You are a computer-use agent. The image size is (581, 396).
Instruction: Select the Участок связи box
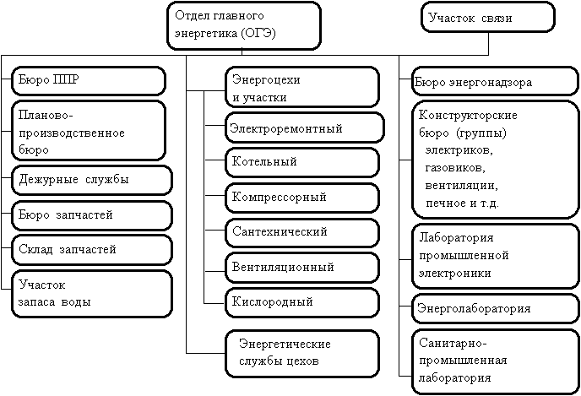click(x=488, y=18)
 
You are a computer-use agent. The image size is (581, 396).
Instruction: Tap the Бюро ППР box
click(x=88, y=81)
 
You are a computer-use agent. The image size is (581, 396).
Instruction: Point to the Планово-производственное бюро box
click(x=88, y=131)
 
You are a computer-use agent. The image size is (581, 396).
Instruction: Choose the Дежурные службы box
click(x=91, y=179)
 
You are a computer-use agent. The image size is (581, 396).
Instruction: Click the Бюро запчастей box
click(x=91, y=214)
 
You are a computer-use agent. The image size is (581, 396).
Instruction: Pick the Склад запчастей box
click(x=91, y=249)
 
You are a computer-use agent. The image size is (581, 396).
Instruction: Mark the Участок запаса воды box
click(x=91, y=293)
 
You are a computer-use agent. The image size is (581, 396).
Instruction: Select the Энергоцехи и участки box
click(x=302, y=88)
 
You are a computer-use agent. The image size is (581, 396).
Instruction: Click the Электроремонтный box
click(x=305, y=128)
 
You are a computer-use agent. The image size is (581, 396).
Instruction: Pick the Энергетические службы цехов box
click(x=302, y=353)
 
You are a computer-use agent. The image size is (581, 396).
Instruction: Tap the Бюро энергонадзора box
click(x=490, y=83)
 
